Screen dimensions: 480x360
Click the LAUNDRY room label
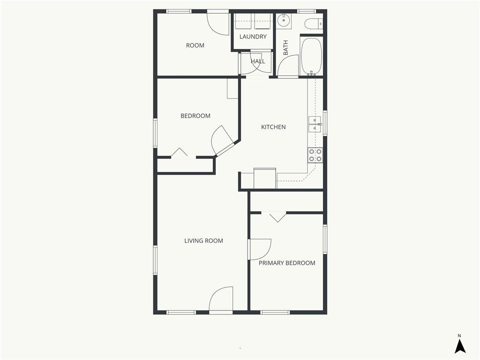point(253,37)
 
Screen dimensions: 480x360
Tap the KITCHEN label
point(273,127)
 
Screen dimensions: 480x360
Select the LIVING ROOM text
point(203,241)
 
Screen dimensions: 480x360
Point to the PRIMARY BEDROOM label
point(287,263)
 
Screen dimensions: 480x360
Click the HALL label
point(258,61)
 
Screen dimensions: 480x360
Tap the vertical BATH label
point(285,48)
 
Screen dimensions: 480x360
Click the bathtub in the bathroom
point(311,56)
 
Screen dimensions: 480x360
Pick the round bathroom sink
point(284,21)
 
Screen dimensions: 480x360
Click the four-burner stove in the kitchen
point(315,155)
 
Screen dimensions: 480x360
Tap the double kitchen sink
point(315,124)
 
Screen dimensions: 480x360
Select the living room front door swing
point(221,300)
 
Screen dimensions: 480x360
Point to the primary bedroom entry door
point(260,249)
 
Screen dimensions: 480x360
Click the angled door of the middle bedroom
point(223,141)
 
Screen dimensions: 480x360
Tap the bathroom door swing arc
point(288,66)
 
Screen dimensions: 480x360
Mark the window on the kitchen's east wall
point(325,123)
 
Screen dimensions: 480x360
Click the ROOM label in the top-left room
point(195,45)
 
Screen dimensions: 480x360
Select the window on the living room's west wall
point(155,260)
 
